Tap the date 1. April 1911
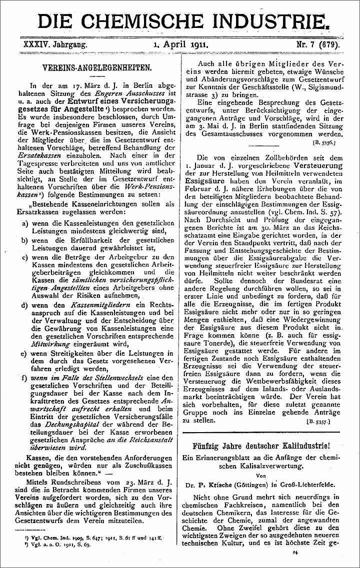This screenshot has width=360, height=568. [179, 44]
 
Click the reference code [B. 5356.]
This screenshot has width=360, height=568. [326, 142]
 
